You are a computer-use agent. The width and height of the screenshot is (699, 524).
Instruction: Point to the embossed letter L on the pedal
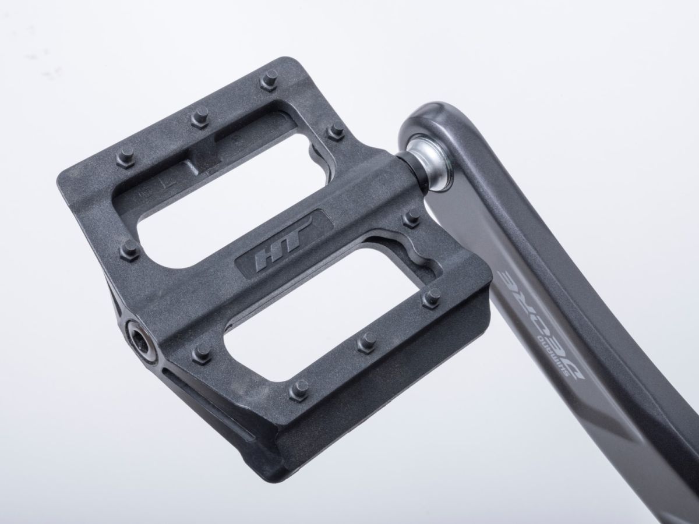(170, 183)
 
